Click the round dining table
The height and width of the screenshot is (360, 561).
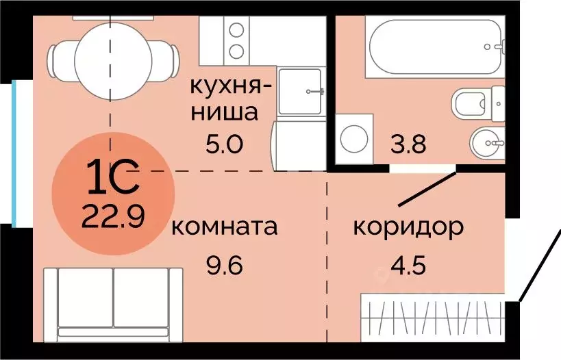[110, 53]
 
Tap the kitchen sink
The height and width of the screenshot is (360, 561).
[301, 90]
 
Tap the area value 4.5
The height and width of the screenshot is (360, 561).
[409, 263]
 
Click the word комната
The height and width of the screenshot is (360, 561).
[225, 227]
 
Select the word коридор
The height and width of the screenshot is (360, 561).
[408, 227]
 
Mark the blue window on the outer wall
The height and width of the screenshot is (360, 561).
[14, 152]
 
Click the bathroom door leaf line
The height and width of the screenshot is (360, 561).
[427, 188]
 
